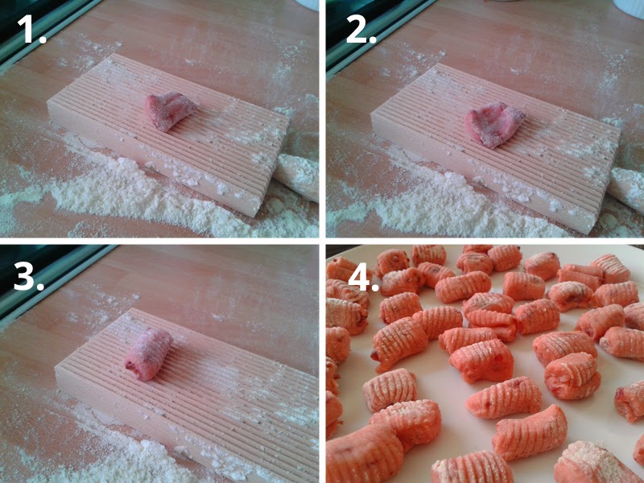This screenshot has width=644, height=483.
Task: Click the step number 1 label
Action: coord(31,30)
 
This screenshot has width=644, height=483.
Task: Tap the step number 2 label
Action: coord(361,30)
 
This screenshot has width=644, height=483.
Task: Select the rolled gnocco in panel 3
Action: coord(149,354)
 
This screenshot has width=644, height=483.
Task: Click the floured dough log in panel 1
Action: coord(297,176)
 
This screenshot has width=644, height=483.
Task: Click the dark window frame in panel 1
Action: coord(45,29)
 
